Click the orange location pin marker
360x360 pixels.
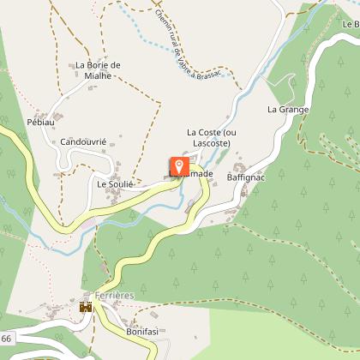click(x=179, y=165)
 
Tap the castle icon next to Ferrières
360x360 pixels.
click(x=86, y=305)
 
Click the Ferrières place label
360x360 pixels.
click(x=117, y=295)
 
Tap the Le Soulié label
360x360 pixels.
click(x=116, y=183)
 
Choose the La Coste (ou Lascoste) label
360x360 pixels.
click(x=209, y=138)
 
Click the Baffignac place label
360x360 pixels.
click(x=245, y=177)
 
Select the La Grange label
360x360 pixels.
click(x=287, y=110)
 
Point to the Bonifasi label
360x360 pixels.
click(x=142, y=331)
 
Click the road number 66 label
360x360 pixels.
click(x=6, y=340)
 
